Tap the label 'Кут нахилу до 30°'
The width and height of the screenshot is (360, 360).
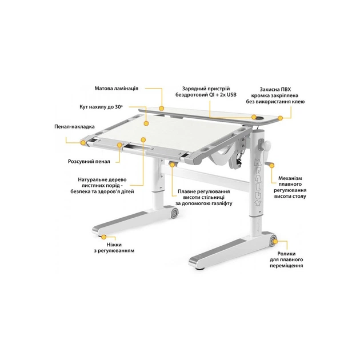tap(102, 106)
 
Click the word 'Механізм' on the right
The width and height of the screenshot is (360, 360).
tap(290, 178)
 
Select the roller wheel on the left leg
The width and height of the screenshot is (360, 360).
tap(173, 214)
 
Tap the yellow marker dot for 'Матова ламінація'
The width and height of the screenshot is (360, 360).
tap(162, 107)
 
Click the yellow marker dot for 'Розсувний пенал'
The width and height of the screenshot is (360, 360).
tap(119, 145)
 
